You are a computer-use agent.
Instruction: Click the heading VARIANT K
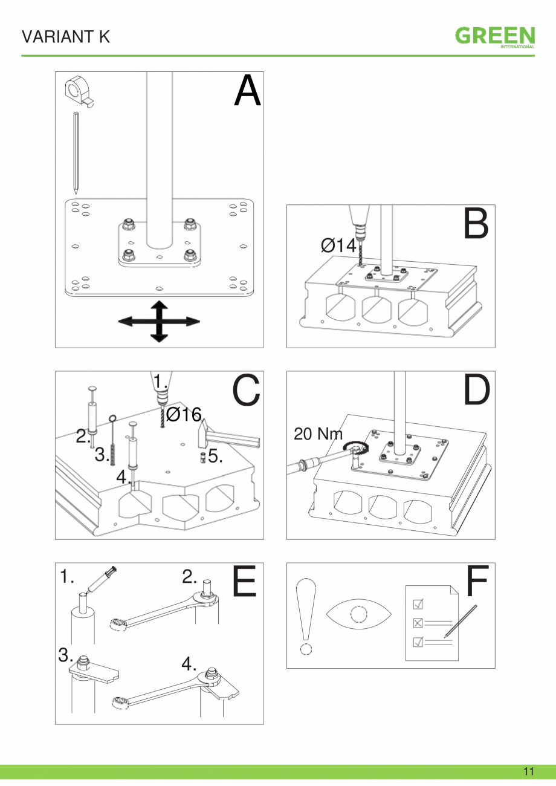pos(66,37)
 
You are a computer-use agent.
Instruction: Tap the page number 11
pos(529,771)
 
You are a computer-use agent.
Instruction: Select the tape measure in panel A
pos(78,90)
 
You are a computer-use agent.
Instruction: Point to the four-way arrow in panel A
pos(158,321)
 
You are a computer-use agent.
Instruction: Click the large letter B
pos(476,224)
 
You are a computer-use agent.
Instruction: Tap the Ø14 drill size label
pos(338,245)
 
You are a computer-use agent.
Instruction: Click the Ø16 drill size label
pos(183,415)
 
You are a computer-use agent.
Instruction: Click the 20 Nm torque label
pos(318,434)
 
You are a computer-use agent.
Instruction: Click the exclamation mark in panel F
pos(306,616)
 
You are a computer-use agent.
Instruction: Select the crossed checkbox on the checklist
pos(417,623)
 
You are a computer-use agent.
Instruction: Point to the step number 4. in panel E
pos(189,664)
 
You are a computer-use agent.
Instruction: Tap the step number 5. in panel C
pos(216,456)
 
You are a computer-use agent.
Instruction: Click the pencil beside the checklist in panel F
pos(461,620)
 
